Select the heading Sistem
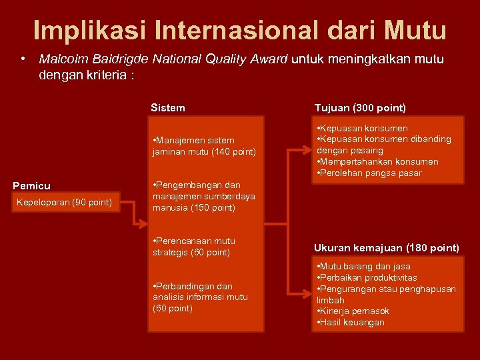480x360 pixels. coord(168,107)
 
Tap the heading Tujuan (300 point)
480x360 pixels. coord(360,107)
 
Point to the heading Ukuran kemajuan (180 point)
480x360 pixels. coord(387,247)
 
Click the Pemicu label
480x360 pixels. coord(32,185)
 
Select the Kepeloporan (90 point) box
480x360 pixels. coord(64,202)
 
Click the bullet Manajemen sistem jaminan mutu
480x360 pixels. coord(203,146)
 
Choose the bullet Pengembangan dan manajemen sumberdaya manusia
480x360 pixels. coord(203,196)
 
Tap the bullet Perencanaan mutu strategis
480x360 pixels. coord(194,247)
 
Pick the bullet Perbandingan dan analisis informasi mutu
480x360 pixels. coord(200,297)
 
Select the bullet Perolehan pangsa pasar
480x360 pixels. coord(370,173)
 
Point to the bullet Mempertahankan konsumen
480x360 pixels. coord(378,162)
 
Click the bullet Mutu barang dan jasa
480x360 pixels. coord(364,266)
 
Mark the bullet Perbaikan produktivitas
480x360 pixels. coord(367,277)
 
